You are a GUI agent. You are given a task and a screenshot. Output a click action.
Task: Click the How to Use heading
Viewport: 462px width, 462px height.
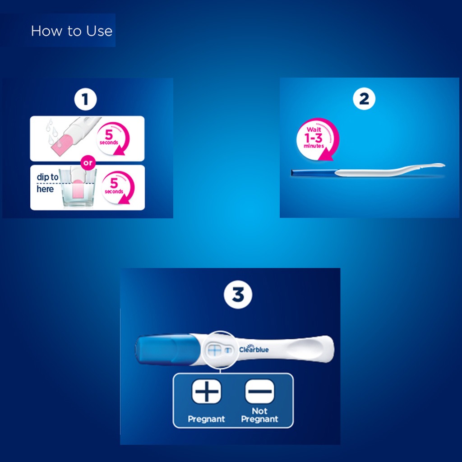[71, 31]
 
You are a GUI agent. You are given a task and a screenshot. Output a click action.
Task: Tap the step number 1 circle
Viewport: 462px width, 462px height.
[85, 100]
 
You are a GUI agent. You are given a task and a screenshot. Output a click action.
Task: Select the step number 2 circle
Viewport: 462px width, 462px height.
[364, 99]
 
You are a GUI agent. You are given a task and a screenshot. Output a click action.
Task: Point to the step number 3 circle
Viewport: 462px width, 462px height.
[238, 296]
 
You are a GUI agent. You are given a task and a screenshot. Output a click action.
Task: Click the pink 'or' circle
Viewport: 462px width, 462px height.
[87, 162]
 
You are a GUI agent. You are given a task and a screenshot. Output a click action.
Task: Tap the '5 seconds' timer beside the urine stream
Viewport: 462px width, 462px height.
[113, 138]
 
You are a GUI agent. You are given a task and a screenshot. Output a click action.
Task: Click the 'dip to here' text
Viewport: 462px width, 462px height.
[47, 183]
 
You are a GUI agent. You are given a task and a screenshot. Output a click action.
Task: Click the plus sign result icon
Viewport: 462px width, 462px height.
[206, 391]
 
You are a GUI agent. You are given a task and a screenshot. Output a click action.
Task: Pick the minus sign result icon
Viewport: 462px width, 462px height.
[259, 391]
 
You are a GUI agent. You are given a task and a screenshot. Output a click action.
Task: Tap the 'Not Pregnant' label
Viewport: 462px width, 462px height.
[259, 415]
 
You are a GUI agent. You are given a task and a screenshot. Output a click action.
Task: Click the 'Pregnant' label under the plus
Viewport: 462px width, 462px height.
[206, 419]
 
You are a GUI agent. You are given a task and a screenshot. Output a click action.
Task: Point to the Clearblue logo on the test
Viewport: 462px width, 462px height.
[254, 348]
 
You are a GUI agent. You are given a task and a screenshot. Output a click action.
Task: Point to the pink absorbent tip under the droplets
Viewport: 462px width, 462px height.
[60, 143]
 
